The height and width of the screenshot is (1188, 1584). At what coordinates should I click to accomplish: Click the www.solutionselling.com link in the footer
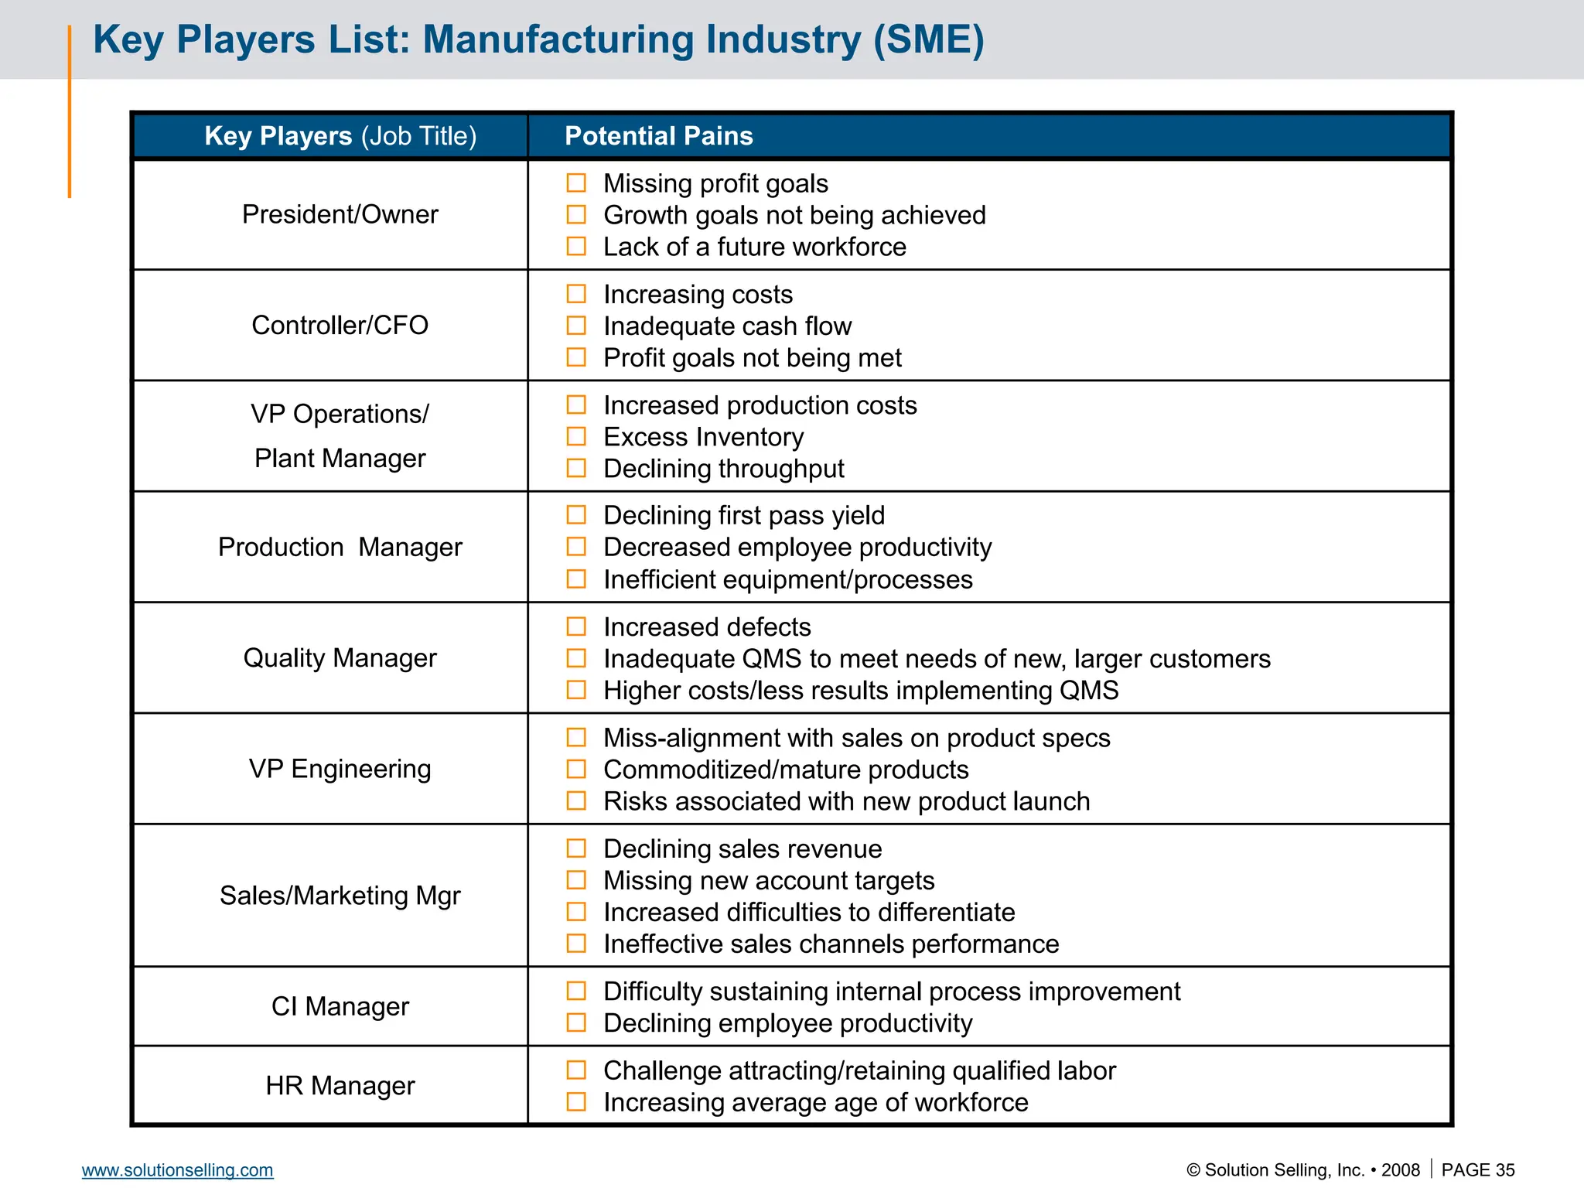point(177,1169)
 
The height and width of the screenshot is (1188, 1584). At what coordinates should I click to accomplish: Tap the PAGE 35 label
point(1477,1169)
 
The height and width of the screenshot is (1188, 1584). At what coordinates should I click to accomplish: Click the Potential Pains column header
point(658,136)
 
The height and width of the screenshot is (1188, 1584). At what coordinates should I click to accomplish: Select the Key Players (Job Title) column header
point(340,136)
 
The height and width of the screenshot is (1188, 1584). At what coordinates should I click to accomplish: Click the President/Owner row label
point(340,214)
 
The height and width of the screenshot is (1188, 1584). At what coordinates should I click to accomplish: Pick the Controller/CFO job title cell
point(340,325)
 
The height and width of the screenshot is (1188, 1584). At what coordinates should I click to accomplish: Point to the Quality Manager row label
point(340,657)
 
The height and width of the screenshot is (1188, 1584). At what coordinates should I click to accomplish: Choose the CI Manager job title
point(340,1006)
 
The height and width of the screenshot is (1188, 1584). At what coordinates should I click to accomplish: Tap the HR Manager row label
point(340,1086)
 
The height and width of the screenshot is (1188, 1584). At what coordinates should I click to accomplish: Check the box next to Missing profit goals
point(576,183)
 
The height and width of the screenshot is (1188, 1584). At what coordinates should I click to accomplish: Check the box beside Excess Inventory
point(576,436)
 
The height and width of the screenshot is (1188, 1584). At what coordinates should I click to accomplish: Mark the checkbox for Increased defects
point(576,626)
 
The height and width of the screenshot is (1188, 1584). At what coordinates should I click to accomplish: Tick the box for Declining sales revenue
point(576,848)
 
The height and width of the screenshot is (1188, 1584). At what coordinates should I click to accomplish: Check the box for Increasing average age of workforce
point(576,1101)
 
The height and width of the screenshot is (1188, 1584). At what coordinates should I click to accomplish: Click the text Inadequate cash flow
point(727,326)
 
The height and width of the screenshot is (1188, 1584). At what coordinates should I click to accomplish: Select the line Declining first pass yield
point(743,515)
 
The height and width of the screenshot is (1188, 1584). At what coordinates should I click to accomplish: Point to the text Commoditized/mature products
point(785,770)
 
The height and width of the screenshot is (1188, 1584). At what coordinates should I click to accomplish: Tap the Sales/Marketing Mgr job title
point(340,896)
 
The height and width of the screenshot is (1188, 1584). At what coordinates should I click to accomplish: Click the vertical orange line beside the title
point(70,111)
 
